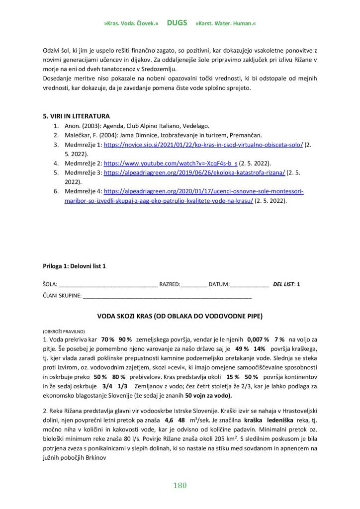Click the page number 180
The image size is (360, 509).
[180, 485]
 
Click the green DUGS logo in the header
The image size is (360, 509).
[177, 23]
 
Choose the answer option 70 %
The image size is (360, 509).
[108, 339]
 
